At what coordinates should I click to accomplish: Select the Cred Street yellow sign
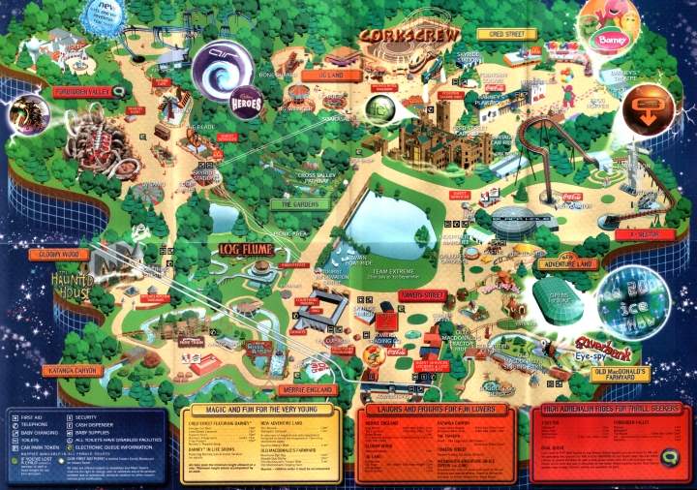pyautogui.click(x=500, y=34)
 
